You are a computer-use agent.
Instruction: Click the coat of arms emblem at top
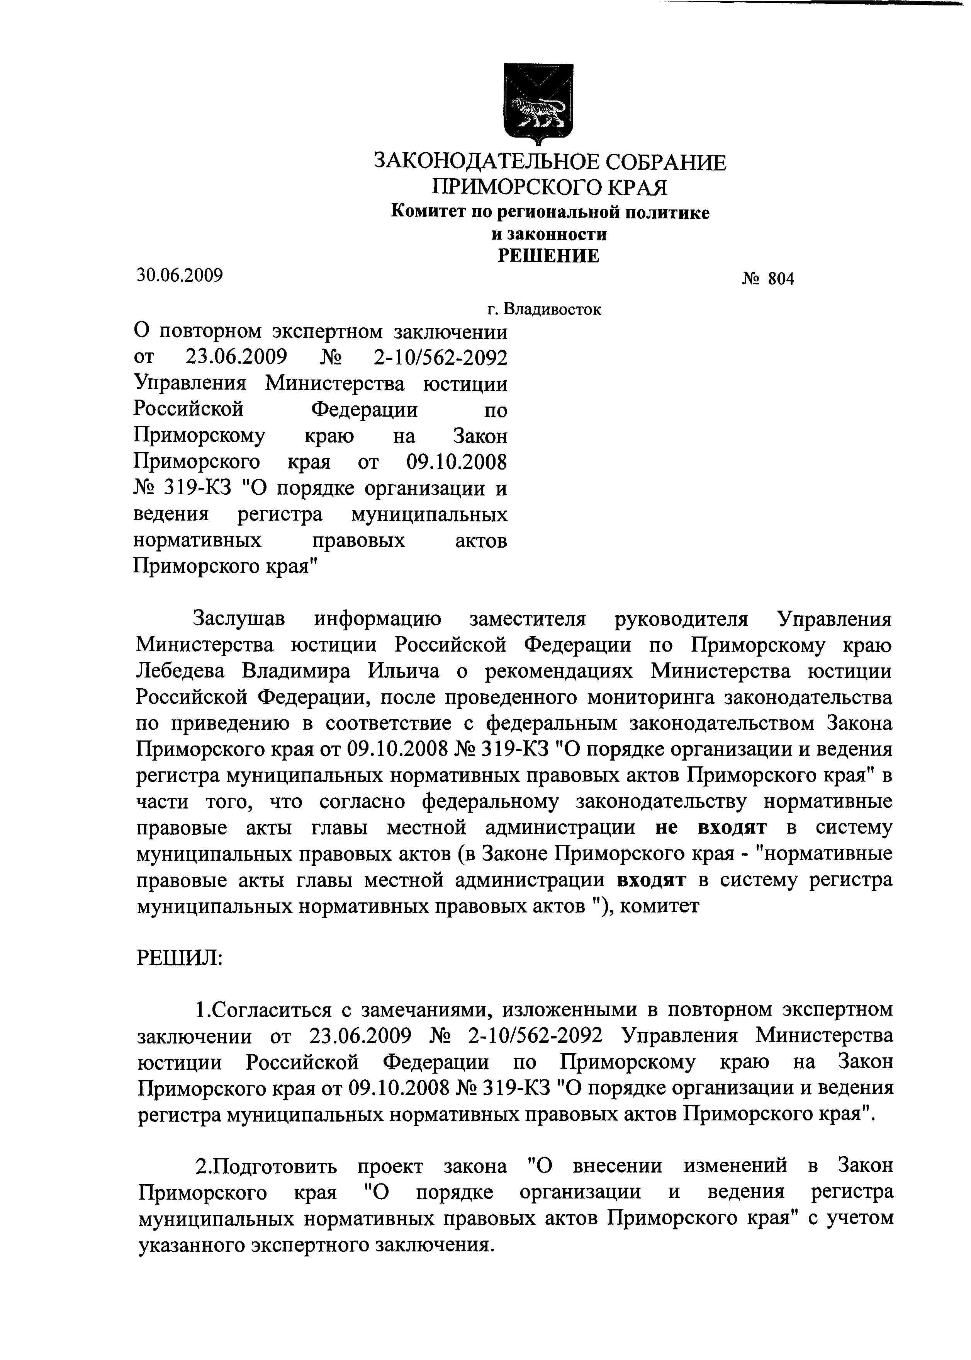pyautogui.click(x=539, y=102)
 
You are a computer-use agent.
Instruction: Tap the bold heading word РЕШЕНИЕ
pyautogui.click(x=548, y=256)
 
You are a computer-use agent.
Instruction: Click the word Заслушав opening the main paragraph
pyautogui.click(x=239, y=619)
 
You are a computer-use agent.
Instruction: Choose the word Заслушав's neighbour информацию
pyautogui.click(x=378, y=619)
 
